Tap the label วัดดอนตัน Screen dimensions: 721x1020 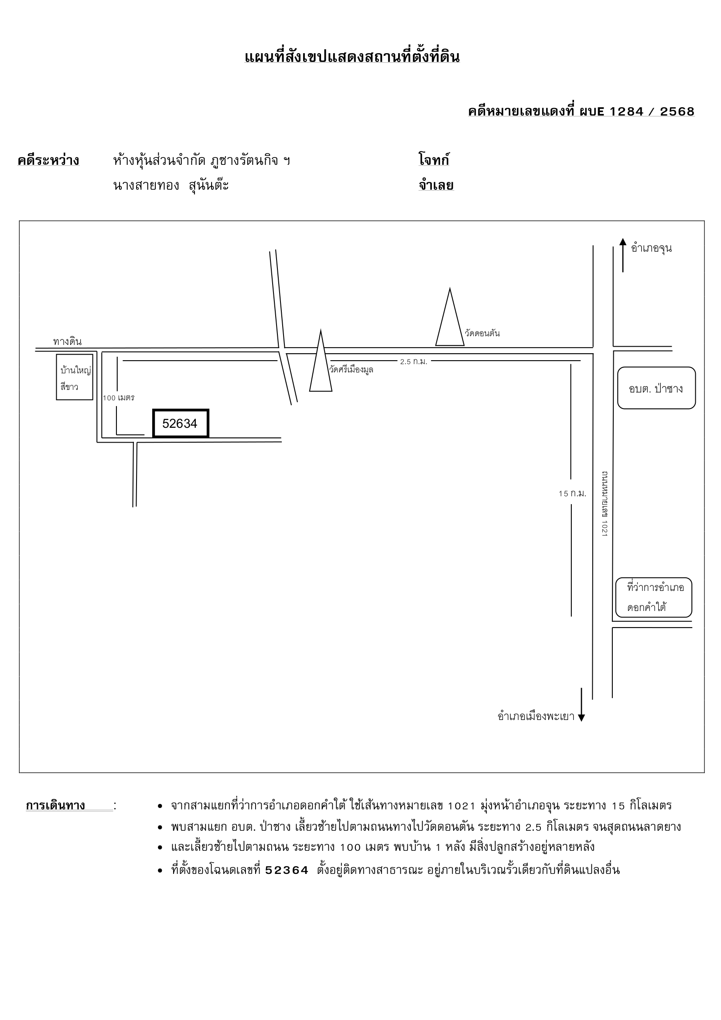coord(482,333)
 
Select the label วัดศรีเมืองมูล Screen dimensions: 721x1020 coord(351,369)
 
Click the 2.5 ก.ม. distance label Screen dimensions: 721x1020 coord(413,362)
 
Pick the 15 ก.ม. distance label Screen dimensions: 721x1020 coord(573,494)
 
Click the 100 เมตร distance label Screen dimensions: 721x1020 coord(119,398)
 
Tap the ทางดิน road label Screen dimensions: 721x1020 coord(68,341)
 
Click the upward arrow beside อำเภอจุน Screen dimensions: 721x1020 coord(623,255)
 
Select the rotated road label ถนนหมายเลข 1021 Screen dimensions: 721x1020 coord(605,504)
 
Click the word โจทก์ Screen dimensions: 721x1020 coord(434,160)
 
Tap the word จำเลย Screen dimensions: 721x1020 coord(436,185)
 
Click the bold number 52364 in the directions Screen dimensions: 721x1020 coord(287,870)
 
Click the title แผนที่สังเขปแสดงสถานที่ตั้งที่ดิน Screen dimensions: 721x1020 coord(352,57)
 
